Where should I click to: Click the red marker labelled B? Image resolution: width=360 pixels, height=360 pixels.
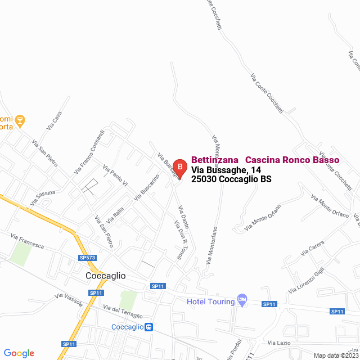[179, 166]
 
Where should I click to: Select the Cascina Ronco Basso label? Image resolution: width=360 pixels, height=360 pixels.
[292, 160]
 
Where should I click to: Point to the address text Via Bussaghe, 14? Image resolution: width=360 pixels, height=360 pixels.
[226, 170]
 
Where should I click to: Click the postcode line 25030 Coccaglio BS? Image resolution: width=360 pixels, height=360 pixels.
[231, 180]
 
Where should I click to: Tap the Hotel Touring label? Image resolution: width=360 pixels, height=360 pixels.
[210, 301]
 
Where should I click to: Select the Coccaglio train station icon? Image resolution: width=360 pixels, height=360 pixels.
[149, 327]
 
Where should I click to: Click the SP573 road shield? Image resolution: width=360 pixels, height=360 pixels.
[87, 257]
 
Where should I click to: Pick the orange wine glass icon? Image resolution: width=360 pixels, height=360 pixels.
[21, 120]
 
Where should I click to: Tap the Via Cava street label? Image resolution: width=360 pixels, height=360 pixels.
[54, 121]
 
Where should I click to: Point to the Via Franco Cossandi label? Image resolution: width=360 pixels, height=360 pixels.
[89, 152]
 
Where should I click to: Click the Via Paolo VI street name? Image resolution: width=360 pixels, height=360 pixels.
[115, 175]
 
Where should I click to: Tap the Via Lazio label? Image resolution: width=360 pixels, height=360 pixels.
[278, 343]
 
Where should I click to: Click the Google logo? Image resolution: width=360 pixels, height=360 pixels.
[19, 353]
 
